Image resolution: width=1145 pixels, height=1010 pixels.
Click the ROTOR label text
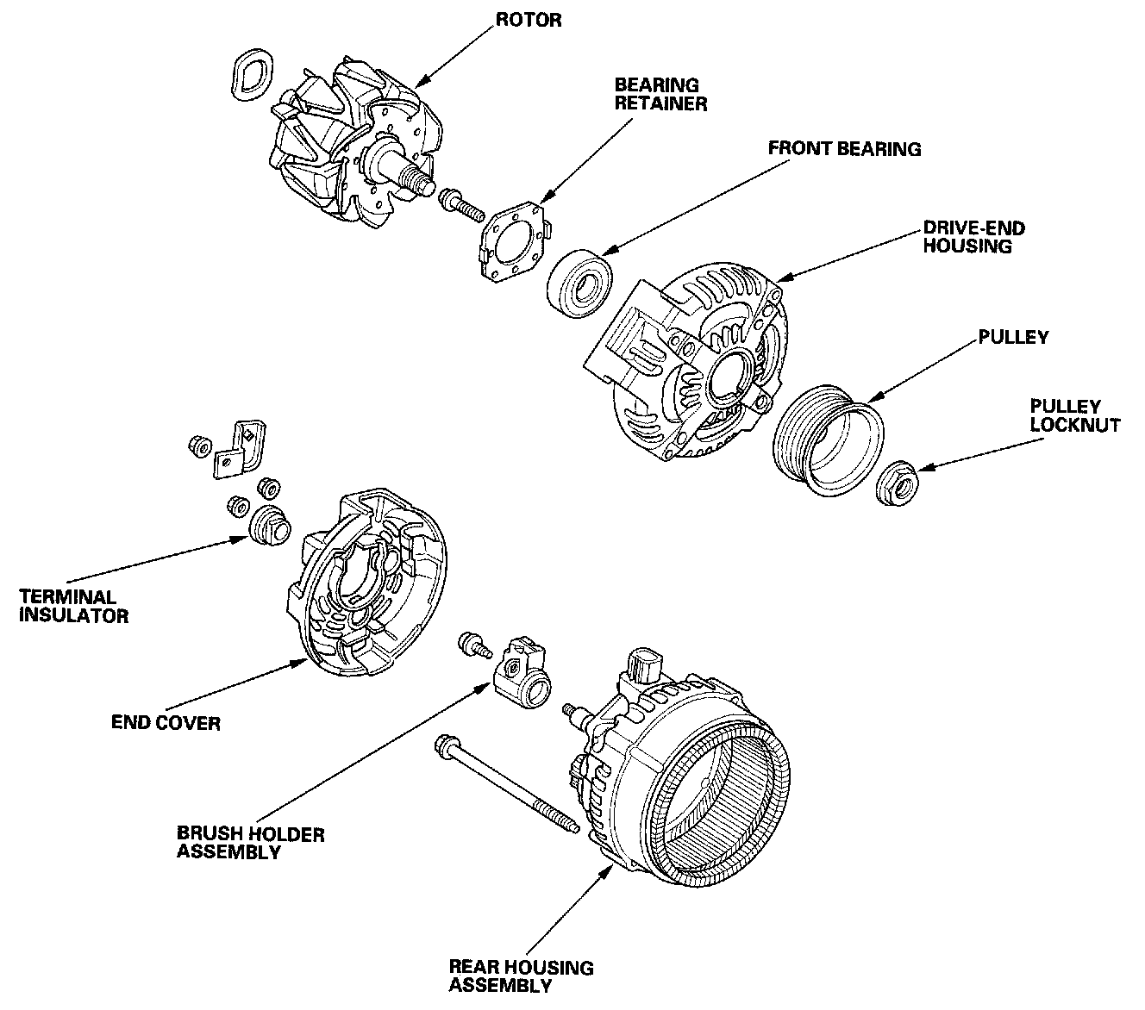(529, 20)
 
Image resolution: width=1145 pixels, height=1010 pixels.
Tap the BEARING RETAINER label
(660, 94)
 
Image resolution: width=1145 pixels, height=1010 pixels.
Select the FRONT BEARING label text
(844, 148)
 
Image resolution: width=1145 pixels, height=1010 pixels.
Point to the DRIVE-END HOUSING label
(973, 237)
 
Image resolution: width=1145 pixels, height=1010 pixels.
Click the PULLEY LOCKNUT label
(1074, 415)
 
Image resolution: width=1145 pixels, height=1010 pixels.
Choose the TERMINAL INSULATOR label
(73, 606)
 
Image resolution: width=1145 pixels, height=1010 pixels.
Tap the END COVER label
(166, 722)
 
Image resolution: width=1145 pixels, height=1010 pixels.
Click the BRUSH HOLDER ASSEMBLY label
(250, 842)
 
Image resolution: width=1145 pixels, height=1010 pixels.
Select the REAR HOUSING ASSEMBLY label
(521, 976)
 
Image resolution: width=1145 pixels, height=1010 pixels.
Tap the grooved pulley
(828, 440)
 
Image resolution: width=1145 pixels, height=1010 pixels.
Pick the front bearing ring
(580, 283)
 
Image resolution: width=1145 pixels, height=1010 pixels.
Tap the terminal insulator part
(270, 526)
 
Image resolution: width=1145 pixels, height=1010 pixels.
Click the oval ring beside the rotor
(252, 75)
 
